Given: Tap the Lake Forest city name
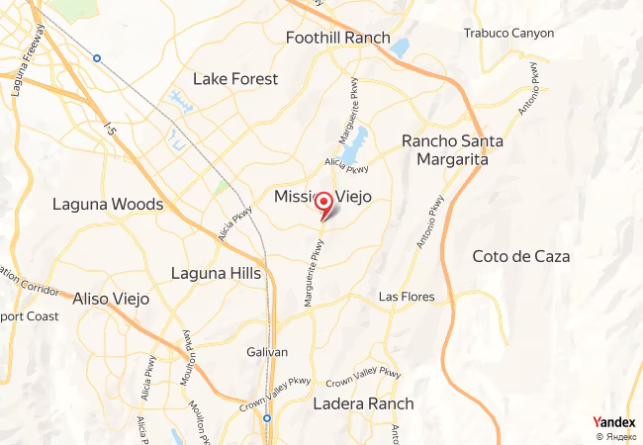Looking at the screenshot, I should [235, 79].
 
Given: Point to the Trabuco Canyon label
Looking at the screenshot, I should [508, 33].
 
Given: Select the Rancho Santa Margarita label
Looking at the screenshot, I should [452, 150].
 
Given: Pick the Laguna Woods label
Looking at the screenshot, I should [108, 205].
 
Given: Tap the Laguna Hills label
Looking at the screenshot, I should [216, 273].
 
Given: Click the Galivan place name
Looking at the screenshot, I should [267, 352].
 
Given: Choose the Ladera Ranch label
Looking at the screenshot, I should [363, 404].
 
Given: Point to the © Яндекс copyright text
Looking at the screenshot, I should [615, 436].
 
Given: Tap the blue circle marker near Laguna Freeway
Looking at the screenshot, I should [97, 58].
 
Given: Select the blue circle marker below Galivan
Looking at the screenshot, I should [267, 418].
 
